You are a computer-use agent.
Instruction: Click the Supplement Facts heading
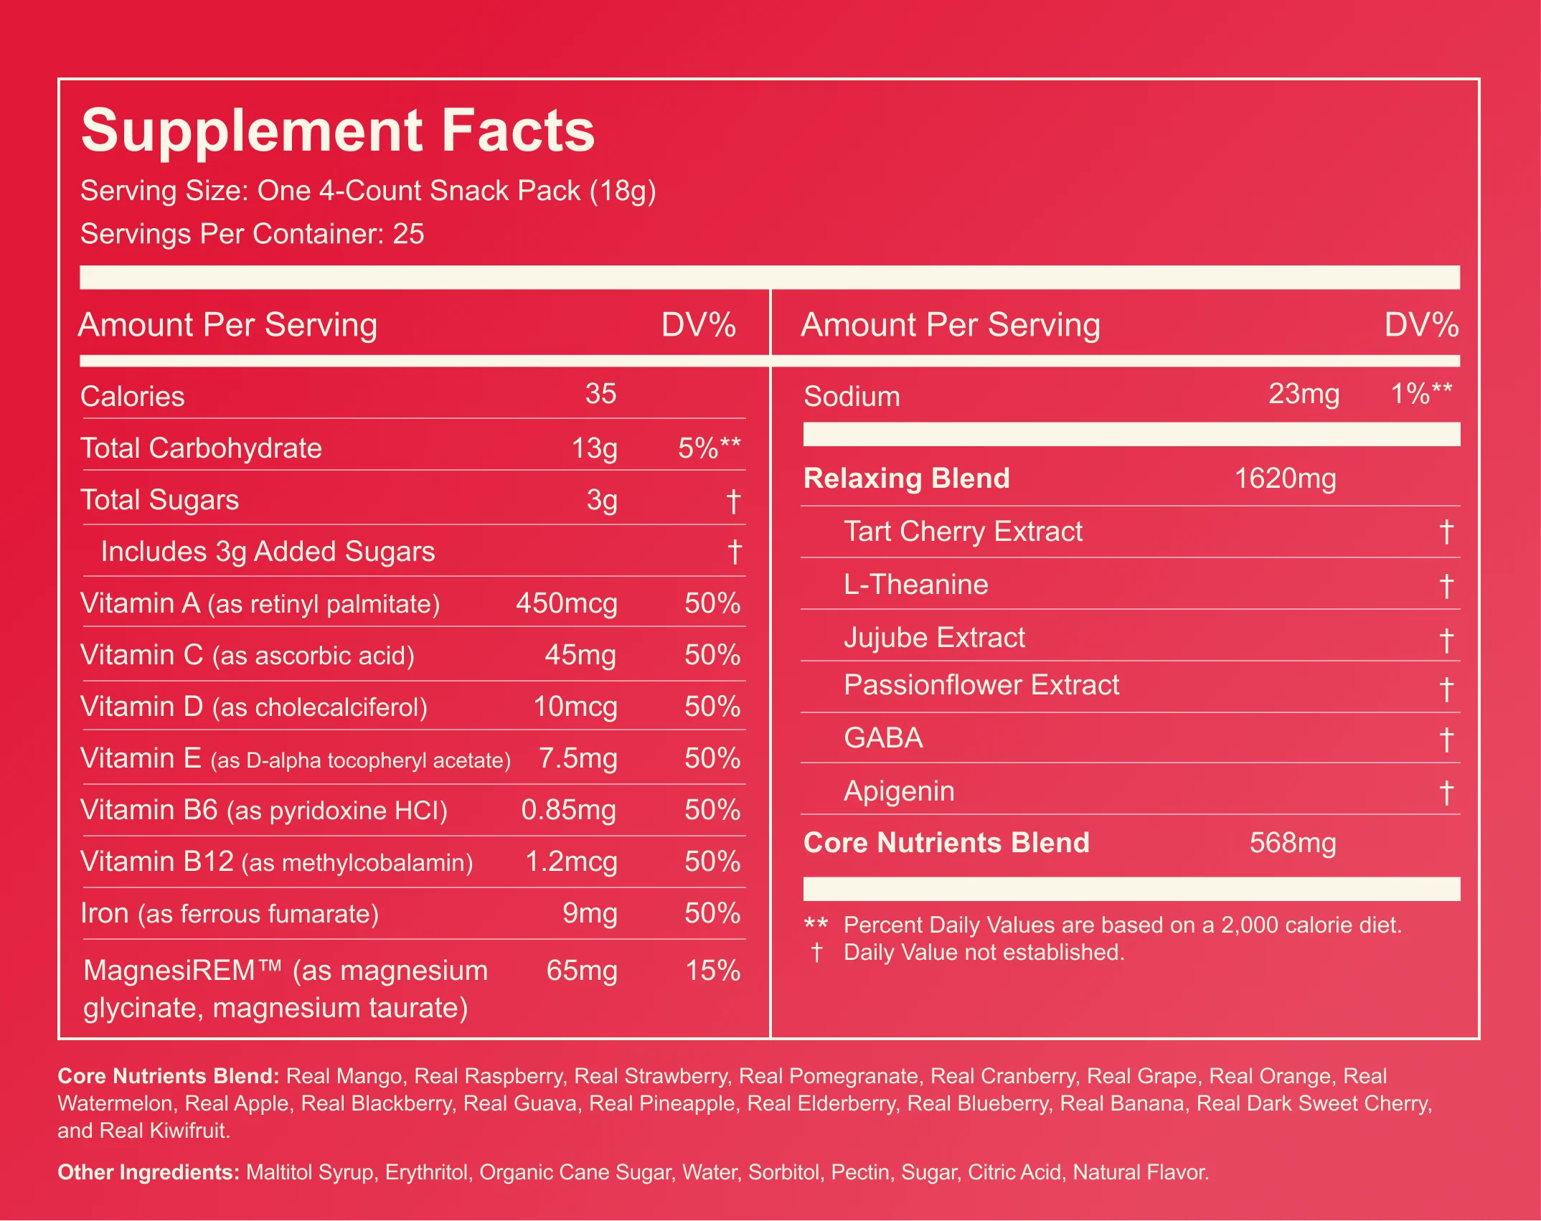click(338, 131)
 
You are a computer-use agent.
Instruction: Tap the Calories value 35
click(600, 393)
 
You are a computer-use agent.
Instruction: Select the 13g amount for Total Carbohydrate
click(594, 448)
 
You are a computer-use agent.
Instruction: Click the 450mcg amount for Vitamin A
click(567, 603)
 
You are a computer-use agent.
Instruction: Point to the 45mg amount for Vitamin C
click(580, 655)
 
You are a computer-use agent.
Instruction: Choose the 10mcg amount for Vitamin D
click(575, 707)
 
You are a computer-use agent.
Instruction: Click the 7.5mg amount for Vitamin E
click(578, 758)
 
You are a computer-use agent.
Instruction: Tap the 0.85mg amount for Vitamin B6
click(569, 810)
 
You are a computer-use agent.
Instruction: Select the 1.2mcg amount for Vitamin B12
click(571, 862)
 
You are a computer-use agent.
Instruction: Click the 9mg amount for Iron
click(590, 913)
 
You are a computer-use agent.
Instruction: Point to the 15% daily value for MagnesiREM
click(713, 971)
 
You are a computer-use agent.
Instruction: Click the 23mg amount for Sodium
click(1304, 394)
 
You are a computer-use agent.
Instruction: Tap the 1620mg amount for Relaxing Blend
click(1285, 478)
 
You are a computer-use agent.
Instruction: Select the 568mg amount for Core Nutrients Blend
click(1293, 843)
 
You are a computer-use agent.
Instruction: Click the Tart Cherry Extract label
click(963, 532)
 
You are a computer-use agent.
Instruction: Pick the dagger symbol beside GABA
click(1446, 740)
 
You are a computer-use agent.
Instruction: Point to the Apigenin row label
click(899, 791)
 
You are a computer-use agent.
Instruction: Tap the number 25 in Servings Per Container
click(408, 234)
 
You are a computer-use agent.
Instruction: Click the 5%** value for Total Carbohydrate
click(710, 448)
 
